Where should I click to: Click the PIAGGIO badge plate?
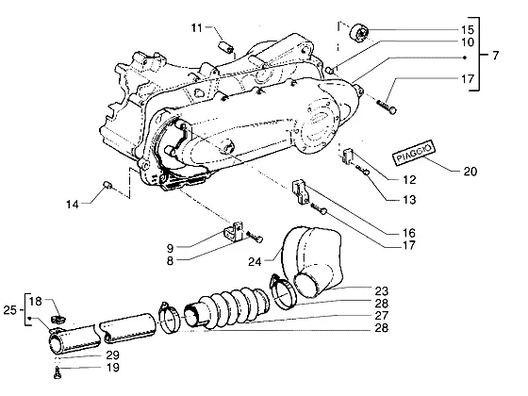pos(414,153)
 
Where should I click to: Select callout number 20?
pos(470,172)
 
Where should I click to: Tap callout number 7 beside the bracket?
pos(495,56)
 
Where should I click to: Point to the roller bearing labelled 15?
pos(358,34)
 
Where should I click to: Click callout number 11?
pos(197,28)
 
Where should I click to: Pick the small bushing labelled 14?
pos(107,185)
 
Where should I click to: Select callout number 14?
pos(72,204)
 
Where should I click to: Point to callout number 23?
pos(382,291)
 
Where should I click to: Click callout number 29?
pos(113,355)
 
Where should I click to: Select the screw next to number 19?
pos(58,372)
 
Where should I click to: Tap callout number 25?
pos(9,310)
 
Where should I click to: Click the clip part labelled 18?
pos(58,319)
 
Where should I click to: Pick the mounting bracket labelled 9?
pos(234,231)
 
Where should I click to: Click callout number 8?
pos(170,260)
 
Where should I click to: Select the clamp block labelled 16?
pos(301,192)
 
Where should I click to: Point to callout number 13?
pos(409,199)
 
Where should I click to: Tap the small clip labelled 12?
pos(348,157)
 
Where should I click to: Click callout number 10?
pos(468,42)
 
